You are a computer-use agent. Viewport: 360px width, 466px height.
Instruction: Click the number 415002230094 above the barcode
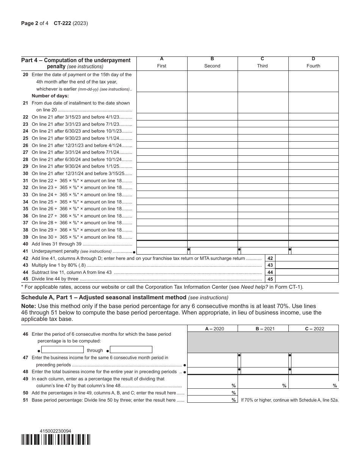click(x=55, y=431)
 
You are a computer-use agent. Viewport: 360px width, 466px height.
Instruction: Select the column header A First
click(x=162, y=63)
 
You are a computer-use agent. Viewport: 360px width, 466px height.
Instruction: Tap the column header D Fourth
click(x=313, y=63)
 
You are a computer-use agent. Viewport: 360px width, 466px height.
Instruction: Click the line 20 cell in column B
click(x=212, y=81)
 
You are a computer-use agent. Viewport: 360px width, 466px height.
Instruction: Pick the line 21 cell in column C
click(x=263, y=102)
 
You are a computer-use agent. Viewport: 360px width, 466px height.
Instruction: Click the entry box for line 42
click(x=307, y=258)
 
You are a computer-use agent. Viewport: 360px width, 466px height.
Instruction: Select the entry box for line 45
click(x=307, y=279)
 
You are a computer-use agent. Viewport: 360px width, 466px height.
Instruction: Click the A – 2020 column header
click(x=212, y=328)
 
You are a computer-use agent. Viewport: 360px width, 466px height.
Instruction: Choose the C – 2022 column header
click(x=313, y=328)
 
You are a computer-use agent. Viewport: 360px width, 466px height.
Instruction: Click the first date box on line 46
click(x=62, y=350)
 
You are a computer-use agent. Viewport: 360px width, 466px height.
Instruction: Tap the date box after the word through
click(x=131, y=350)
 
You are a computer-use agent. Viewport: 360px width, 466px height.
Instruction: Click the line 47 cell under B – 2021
click(x=264, y=361)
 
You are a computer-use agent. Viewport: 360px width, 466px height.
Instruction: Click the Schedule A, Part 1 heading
click(x=104, y=297)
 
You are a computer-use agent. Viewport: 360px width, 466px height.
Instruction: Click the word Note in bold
click(x=28, y=306)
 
